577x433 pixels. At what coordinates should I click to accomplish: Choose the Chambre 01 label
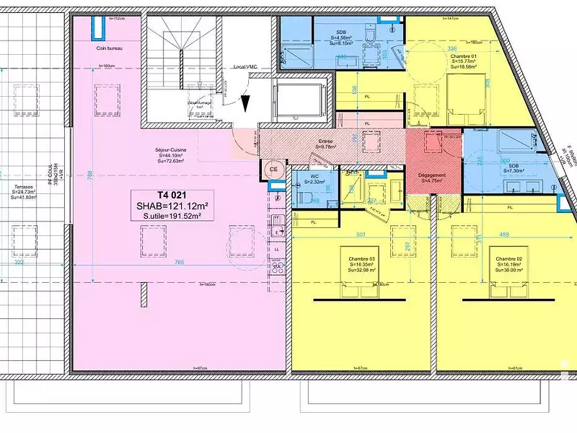click(464, 56)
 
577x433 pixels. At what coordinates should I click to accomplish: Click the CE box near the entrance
click(274, 169)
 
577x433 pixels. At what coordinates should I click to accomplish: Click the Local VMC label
click(245, 66)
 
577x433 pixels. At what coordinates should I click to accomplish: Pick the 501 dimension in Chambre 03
click(362, 233)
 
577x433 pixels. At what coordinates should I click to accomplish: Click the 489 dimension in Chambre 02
click(504, 233)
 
